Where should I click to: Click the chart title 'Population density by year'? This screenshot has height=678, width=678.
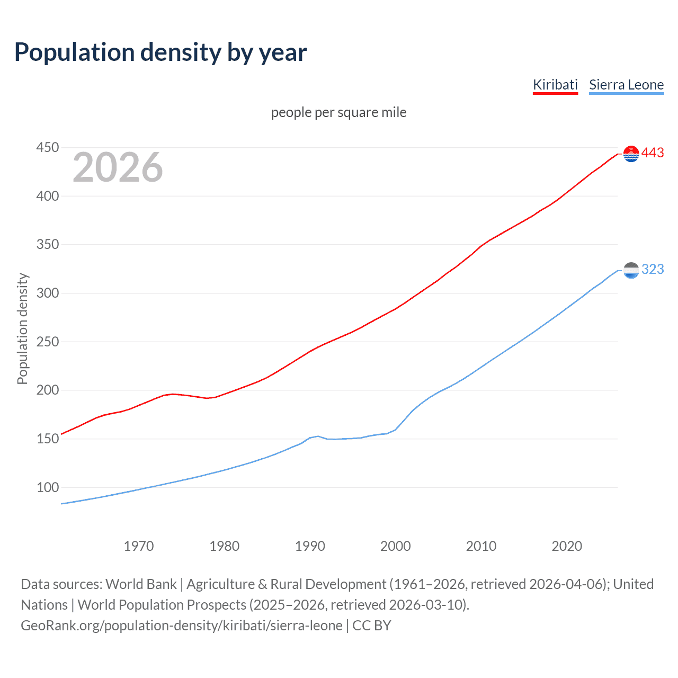point(160,52)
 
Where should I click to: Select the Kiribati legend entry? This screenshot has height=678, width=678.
point(555,85)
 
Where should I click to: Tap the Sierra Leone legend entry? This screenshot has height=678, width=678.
point(626,85)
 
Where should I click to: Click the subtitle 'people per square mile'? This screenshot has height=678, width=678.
point(338,112)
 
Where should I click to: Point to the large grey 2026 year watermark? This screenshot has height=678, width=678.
point(118,167)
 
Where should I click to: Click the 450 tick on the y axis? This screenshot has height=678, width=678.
point(47,147)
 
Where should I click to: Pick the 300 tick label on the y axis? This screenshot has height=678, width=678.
point(47,293)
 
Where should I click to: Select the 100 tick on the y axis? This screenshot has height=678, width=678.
point(47,487)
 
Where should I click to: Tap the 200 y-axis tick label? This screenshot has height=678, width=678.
point(47,390)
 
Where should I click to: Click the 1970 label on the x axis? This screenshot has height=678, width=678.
point(139,546)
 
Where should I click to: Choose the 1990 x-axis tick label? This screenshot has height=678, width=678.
point(310,546)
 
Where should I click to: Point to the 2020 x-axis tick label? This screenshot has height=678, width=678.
point(567,546)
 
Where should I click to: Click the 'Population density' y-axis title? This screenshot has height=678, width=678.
point(22,328)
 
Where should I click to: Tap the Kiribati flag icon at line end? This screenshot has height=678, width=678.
point(631,154)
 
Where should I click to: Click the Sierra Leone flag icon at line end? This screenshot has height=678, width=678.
point(631,270)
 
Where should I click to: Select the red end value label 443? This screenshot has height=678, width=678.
point(653,153)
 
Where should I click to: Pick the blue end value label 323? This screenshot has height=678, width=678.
point(653,270)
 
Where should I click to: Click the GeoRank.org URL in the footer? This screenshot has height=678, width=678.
point(182,626)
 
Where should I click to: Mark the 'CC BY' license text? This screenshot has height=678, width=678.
point(372,626)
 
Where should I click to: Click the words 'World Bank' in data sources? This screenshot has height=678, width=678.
point(141,584)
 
